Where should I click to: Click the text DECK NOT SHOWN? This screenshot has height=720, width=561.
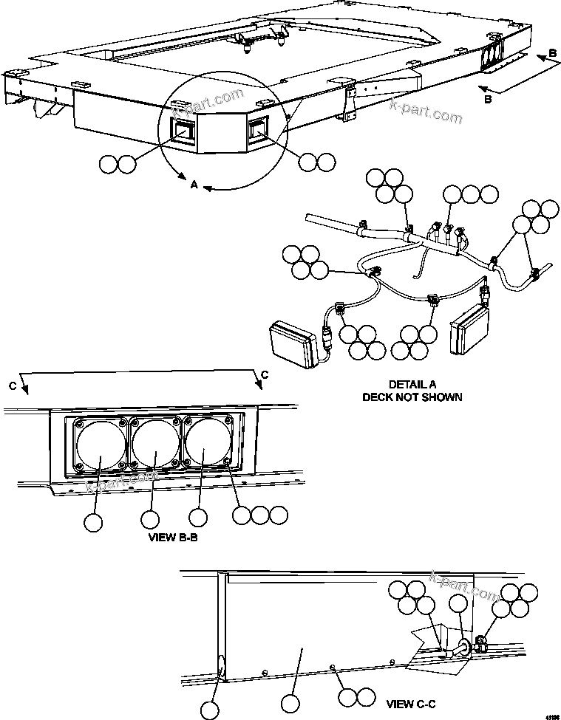click(412, 397)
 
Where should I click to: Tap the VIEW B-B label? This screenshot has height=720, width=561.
click(173, 538)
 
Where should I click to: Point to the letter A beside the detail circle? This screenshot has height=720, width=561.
click(194, 185)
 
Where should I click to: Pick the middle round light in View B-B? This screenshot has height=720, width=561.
click(156, 445)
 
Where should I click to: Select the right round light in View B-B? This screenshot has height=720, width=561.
click(207, 445)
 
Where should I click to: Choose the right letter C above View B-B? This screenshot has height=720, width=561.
click(264, 374)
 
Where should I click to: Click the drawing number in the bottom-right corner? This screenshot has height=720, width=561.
click(551, 715)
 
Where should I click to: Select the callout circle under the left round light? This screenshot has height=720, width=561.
click(92, 522)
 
